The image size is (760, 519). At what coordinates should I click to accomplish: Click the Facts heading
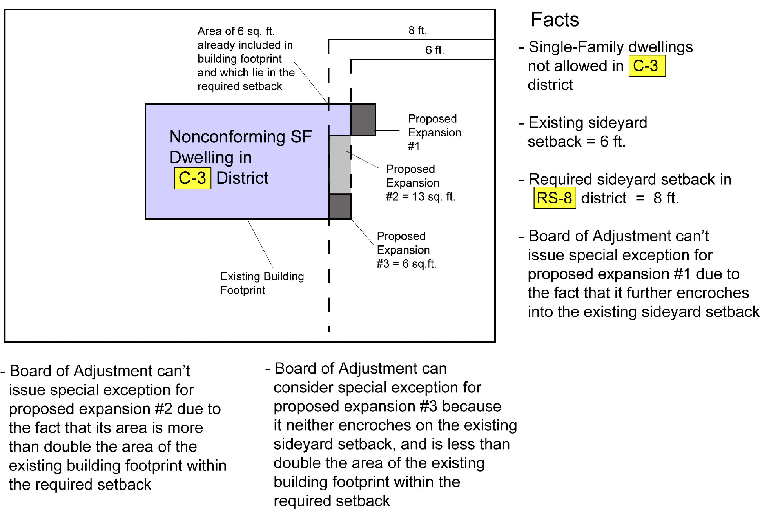(x=555, y=20)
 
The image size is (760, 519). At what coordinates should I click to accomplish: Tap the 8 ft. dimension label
(x=417, y=30)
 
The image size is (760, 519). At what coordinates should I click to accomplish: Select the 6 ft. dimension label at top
(x=434, y=50)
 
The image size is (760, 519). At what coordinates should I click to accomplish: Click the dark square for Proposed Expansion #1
(x=363, y=119)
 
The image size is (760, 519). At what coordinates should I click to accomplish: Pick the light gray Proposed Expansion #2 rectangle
(x=340, y=165)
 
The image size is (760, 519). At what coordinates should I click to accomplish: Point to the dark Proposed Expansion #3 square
(x=340, y=206)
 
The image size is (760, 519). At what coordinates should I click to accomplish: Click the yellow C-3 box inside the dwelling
(x=192, y=178)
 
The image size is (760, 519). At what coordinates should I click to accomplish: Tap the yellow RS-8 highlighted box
(x=554, y=198)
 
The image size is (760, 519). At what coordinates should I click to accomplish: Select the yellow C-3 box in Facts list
(x=646, y=66)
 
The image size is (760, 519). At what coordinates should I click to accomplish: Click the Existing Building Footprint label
(x=262, y=283)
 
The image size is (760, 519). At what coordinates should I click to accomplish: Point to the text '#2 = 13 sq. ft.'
(x=420, y=196)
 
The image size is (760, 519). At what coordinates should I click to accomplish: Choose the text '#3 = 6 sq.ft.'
(x=406, y=263)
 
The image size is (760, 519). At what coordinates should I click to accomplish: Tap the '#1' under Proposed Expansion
(x=413, y=146)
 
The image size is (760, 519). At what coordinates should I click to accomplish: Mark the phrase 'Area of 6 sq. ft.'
(x=236, y=31)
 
